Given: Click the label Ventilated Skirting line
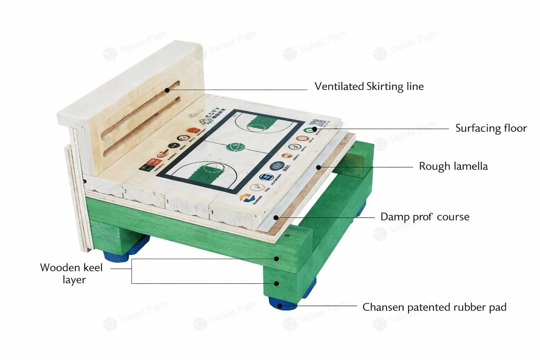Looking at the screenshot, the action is coord(369,86).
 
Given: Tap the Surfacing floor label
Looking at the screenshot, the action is coord(491,128).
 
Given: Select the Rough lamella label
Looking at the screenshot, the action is coord(453,166).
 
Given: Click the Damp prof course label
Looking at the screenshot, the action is coord(425,217).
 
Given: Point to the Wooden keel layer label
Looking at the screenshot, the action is coord(72,274).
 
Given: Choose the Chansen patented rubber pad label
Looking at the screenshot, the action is coord(434,307).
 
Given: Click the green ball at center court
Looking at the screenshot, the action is coord(232,147).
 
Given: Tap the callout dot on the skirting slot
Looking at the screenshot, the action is coord(167,90).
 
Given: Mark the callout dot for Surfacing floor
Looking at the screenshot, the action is coord(315,129).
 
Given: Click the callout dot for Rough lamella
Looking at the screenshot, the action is coord(319,167).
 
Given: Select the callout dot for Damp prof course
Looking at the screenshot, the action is coord(276,218).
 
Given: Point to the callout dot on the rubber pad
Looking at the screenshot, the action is coord(280,306).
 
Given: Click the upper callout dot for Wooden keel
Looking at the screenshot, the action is coord(276,259).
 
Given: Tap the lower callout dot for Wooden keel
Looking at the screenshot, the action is coord(276,283).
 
